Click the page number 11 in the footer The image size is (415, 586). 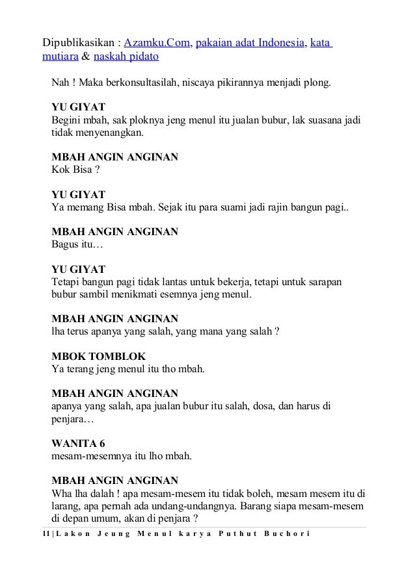[44, 534]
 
